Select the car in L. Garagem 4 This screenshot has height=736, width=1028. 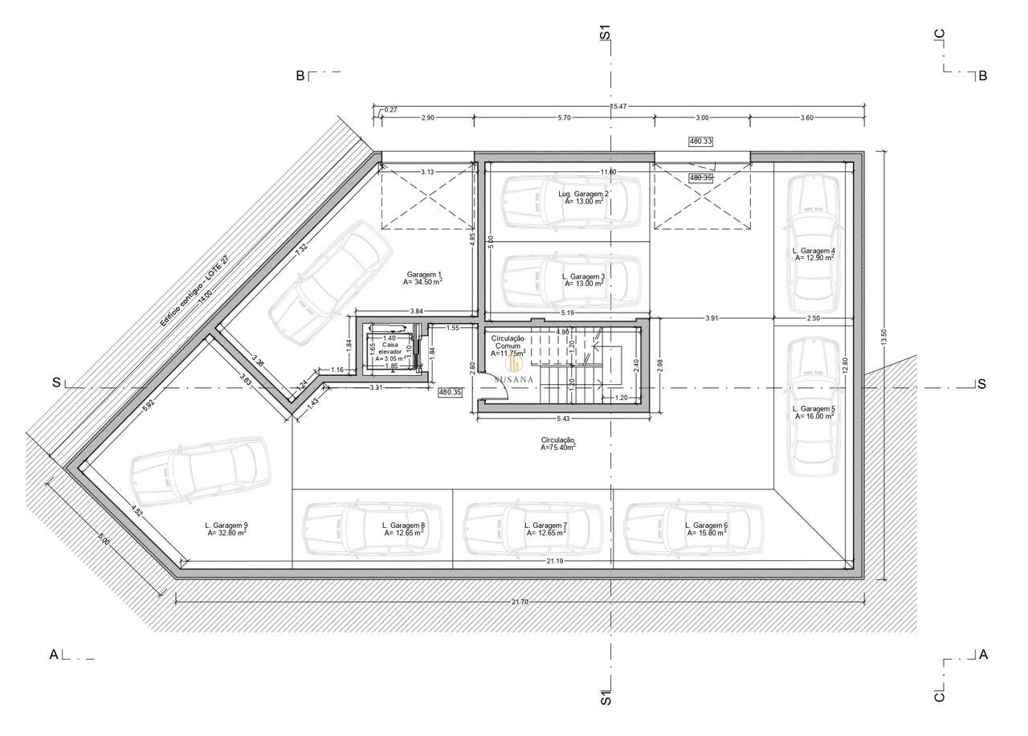(x=814, y=244)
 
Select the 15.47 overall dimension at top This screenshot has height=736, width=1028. (x=618, y=106)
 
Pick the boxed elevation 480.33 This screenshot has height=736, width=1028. (x=701, y=141)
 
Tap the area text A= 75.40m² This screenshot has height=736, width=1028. (x=557, y=448)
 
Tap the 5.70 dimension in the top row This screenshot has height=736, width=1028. (x=564, y=118)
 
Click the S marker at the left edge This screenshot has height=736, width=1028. (x=56, y=382)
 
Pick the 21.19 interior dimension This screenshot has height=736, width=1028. (x=554, y=560)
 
